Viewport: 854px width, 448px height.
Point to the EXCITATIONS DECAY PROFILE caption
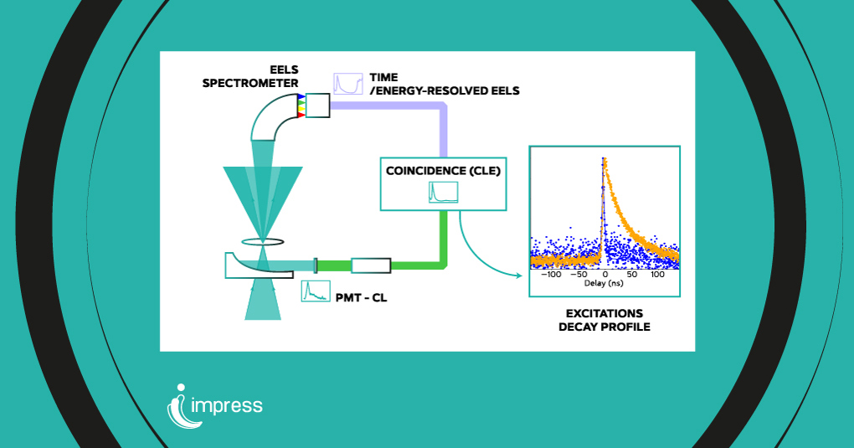pyautogui.click(x=604, y=320)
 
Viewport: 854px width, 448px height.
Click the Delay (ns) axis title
pyautogui.click(x=604, y=285)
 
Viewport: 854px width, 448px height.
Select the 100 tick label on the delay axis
pyautogui.click(x=657, y=275)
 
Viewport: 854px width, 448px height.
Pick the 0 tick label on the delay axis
pyautogui.click(x=604, y=275)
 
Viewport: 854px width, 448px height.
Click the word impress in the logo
pyautogui.click(x=227, y=406)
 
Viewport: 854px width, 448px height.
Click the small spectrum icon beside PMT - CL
pyautogui.click(x=315, y=291)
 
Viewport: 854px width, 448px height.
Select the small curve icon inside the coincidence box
pyautogui.click(x=443, y=192)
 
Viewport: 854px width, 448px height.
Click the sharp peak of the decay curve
pyautogui.click(x=603, y=160)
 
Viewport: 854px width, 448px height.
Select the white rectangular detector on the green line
pyautogui.click(x=371, y=265)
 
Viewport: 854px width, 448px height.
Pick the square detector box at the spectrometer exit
pyautogui.click(x=318, y=105)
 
